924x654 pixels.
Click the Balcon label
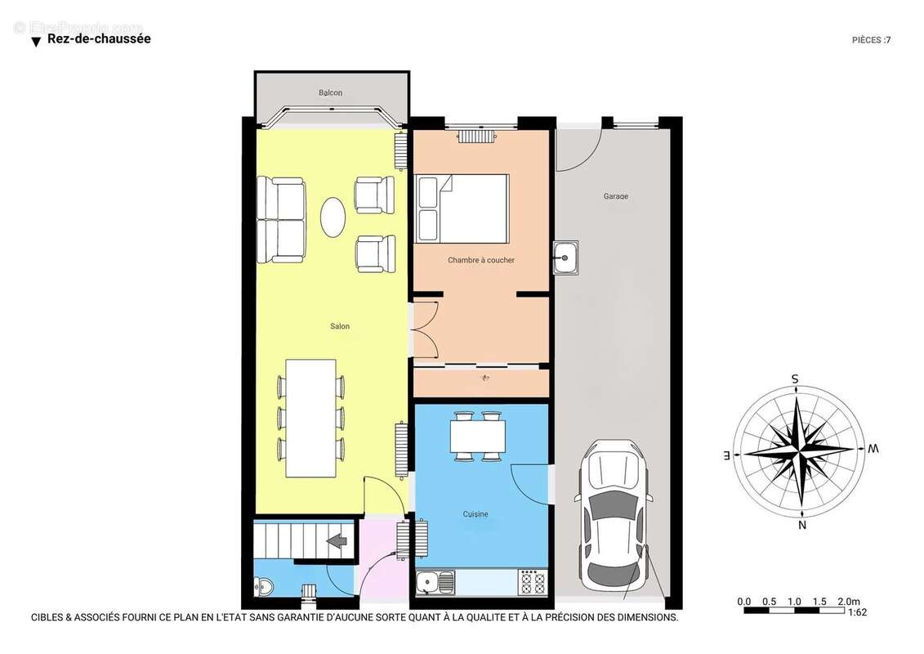coord(330,93)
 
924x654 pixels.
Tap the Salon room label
coord(340,327)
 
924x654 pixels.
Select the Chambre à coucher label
coord(481,260)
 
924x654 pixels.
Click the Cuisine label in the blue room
coord(475,514)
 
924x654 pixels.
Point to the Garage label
coord(616,196)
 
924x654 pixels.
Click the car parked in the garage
coord(614,519)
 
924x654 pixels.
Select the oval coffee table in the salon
coord(333,217)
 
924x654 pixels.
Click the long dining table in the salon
coord(310,418)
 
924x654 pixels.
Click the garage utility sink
coord(565,258)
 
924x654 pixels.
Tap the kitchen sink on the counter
coord(435,583)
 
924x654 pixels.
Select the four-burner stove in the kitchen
coord(533,583)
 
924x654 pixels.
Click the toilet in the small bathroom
coord(263,587)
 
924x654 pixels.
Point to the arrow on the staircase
coord(337,540)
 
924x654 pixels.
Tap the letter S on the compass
coord(794,379)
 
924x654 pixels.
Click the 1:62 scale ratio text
coord(857,611)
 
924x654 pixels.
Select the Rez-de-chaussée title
coord(99,38)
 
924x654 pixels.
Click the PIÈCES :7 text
coord(871,39)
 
